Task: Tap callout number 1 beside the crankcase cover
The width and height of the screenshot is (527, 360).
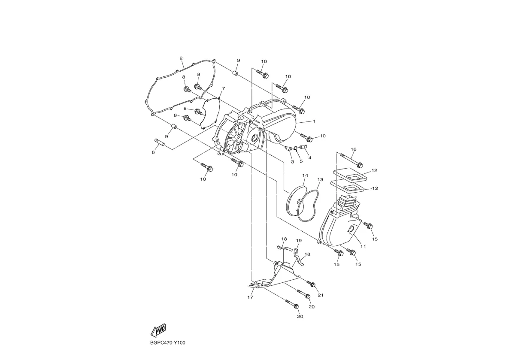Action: (x=314, y=121)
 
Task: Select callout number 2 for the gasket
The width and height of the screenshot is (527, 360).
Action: (x=181, y=58)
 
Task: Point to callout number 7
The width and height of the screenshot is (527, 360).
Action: (x=223, y=88)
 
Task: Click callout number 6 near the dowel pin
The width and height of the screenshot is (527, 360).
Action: (x=153, y=152)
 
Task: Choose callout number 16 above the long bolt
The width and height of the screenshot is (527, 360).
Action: (x=354, y=149)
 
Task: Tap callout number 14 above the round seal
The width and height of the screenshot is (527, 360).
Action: (x=305, y=175)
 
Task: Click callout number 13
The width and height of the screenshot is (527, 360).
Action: (x=320, y=179)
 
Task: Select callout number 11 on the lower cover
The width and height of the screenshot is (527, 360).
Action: (x=363, y=247)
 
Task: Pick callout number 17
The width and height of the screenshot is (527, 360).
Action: (x=250, y=297)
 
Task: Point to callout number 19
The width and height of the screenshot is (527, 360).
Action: (x=299, y=240)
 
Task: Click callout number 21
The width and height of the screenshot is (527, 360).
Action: (x=321, y=295)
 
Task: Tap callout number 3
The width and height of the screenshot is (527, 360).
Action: (x=292, y=162)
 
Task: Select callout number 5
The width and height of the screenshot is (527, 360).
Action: (x=301, y=161)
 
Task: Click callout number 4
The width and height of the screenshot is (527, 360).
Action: (x=309, y=158)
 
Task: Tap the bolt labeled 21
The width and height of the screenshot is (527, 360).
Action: (x=311, y=283)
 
